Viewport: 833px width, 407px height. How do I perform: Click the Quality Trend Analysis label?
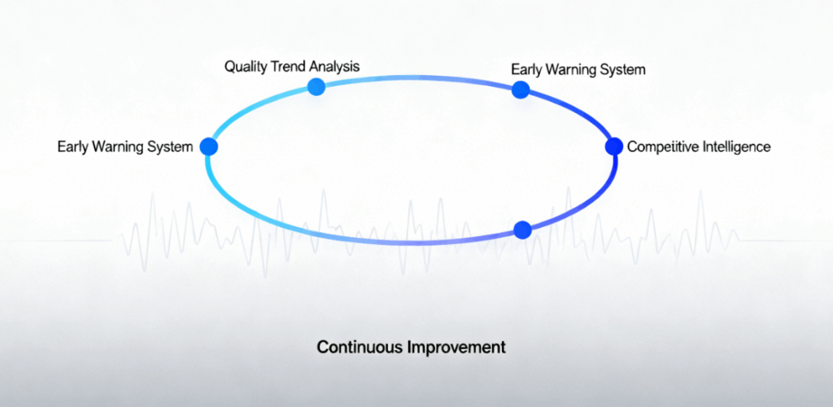point(292,67)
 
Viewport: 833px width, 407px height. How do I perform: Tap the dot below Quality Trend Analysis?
point(316,86)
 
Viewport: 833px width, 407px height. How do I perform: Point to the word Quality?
point(243,67)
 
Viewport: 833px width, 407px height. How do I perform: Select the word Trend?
point(285,67)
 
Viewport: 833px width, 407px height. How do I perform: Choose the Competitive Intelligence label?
point(699,147)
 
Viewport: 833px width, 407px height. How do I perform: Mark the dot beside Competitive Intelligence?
point(614,147)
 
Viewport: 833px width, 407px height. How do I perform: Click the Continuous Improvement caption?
point(411,348)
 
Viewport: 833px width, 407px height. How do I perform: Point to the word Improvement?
point(456,348)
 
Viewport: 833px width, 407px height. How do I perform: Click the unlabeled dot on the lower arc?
point(523,230)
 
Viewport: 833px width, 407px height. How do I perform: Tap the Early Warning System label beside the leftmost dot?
point(125,147)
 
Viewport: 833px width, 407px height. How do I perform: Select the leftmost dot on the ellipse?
point(209,147)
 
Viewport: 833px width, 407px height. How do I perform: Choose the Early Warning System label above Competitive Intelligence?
point(578,70)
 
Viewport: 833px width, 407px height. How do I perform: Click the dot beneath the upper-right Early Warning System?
point(521,90)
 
